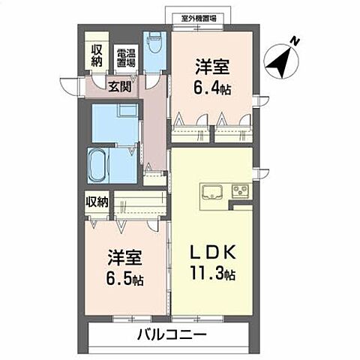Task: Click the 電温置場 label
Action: (x=125, y=58)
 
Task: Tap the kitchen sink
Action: (x=212, y=190)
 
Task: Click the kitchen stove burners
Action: (x=241, y=190)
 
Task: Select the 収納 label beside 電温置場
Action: (x=97, y=55)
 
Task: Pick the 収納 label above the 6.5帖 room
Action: (x=97, y=201)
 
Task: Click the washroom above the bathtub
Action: (x=114, y=121)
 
